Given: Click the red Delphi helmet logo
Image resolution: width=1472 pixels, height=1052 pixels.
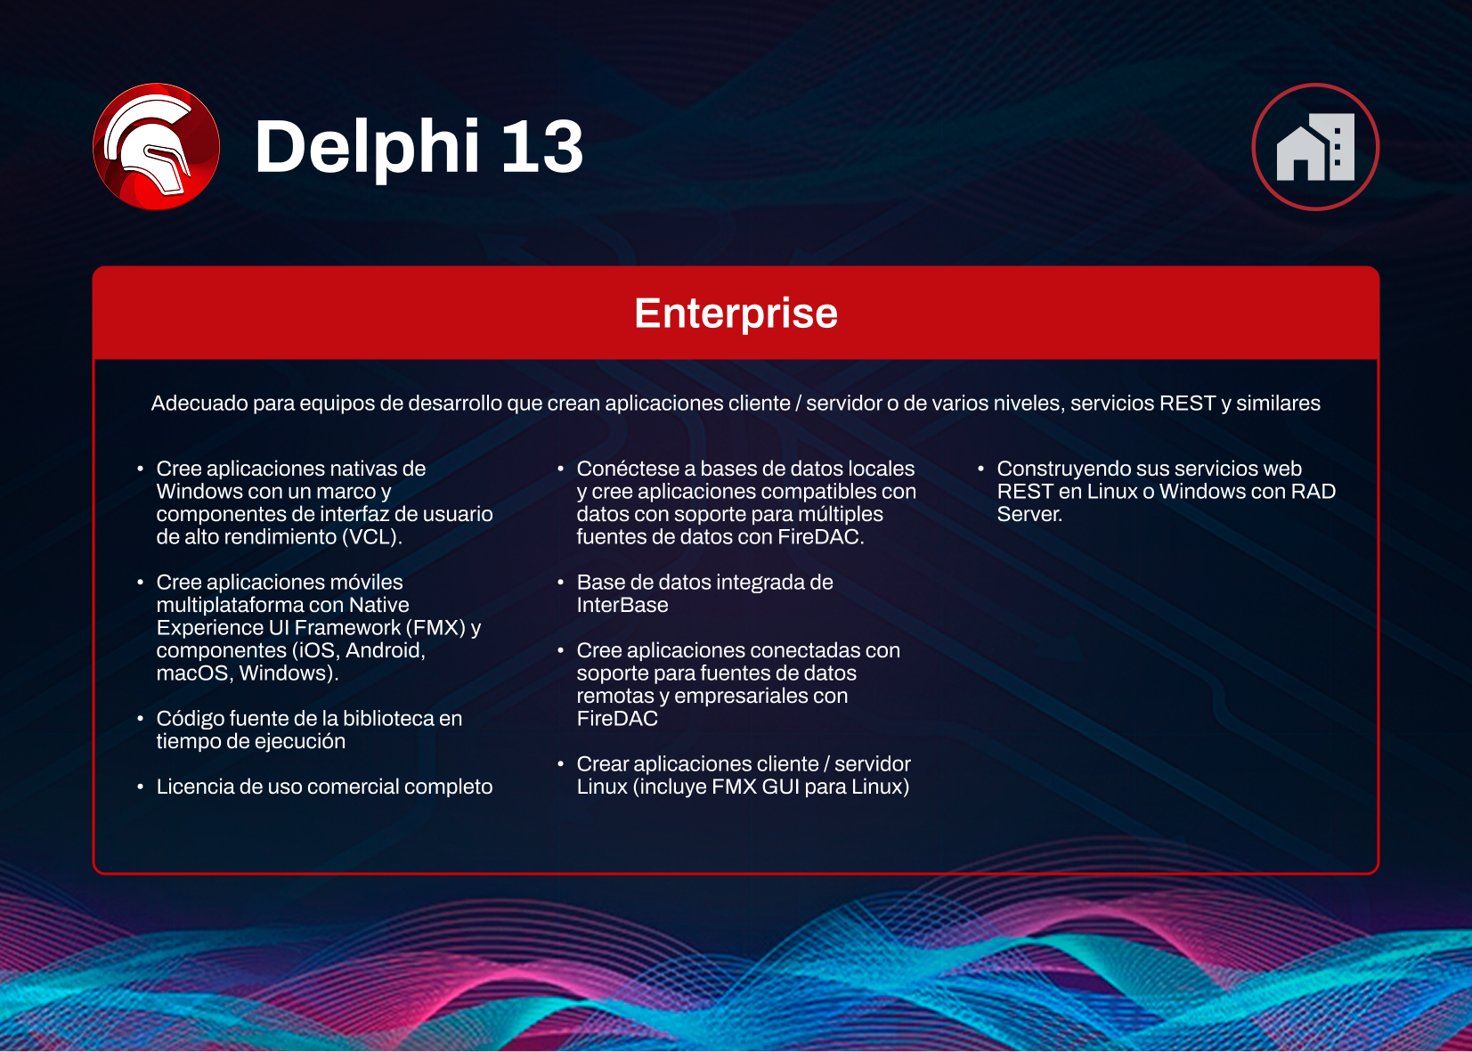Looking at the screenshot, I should (156, 147).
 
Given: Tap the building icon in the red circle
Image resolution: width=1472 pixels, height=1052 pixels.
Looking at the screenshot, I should (1315, 147).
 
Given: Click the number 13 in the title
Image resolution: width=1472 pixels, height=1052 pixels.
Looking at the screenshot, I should (541, 147).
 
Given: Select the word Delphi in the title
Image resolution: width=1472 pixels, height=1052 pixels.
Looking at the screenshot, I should (368, 147).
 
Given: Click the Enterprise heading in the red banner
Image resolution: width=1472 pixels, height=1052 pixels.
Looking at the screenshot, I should (736, 314).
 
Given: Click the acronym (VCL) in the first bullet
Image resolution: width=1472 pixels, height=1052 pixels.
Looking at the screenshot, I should (372, 537).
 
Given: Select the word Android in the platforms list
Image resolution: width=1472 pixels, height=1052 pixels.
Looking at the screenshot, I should (385, 650).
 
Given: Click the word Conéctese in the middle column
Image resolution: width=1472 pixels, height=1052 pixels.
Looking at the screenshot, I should (628, 469).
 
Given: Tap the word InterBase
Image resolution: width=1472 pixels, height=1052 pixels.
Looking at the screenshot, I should (622, 606).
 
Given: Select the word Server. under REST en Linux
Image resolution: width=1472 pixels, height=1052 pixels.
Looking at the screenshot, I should (1029, 514).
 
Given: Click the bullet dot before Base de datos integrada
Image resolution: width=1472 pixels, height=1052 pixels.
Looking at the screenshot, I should (560, 583).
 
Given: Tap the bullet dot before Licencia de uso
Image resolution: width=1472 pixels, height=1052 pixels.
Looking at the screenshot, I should (140, 787).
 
